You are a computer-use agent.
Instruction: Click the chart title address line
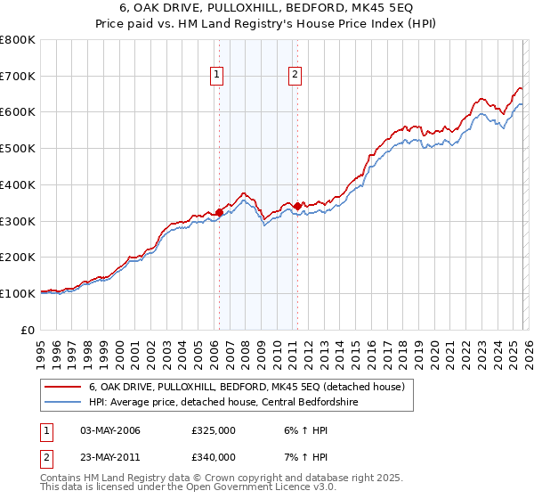[267, 8]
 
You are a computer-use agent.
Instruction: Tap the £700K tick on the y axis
[18, 77]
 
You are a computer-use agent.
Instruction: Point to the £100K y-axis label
[18, 293]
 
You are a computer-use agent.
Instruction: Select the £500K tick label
[18, 149]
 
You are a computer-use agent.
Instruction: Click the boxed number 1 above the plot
[217, 76]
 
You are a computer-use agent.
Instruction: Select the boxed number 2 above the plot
[295, 76]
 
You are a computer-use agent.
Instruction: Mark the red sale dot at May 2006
[219, 211]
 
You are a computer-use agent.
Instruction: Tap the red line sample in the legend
[64, 387]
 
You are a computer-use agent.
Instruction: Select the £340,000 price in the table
[214, 457]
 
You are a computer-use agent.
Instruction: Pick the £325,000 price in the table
[214, 430]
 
